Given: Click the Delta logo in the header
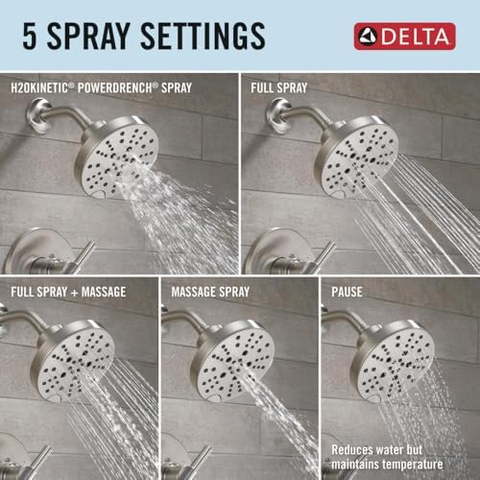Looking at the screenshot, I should (403, 36).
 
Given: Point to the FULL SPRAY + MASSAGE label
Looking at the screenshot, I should (69, 291).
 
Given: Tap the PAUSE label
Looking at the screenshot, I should (348, 291).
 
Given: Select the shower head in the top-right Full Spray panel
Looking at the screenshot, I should (355, 154).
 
